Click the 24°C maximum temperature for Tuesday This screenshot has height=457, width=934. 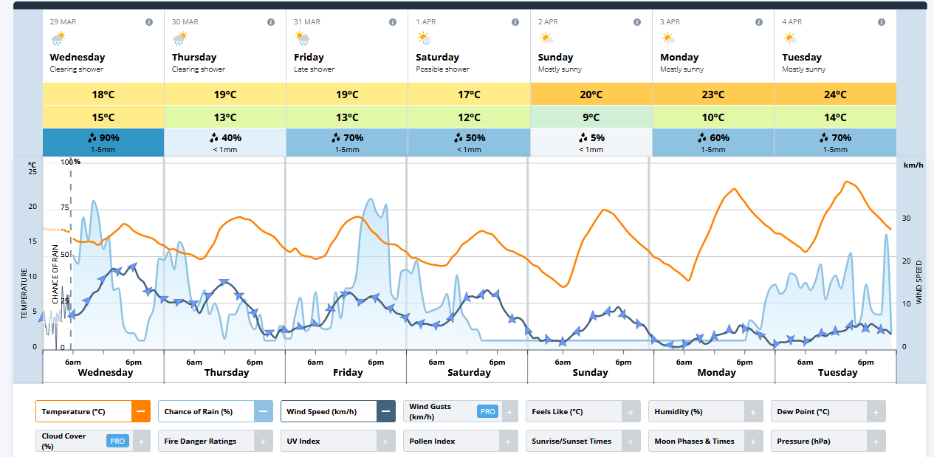tap(835, 95)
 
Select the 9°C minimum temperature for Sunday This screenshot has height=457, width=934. tap(591, 117)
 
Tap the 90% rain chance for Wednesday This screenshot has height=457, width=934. tap(103, 138)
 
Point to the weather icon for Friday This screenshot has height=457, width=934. tap(303, 38)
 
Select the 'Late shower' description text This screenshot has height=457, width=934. tap(314, 69)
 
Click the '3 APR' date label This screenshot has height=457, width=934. tap(670, 22)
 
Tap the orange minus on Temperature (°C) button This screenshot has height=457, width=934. tap(140, 411)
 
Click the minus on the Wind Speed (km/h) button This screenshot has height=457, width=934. tap(385, 411)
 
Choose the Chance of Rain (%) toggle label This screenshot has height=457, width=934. tap(199, 412)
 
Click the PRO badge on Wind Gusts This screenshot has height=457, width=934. tap(487, 411)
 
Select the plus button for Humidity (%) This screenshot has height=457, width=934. tap(752, 412)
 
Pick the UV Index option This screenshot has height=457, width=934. tap(303, 441)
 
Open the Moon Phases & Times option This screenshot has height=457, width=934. tap(694, 441)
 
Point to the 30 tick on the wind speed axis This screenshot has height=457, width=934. tap(906, 219)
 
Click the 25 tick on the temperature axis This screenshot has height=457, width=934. tap(32, 172)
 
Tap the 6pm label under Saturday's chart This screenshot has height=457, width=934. tap(497, 362)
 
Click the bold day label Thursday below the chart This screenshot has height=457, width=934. tap(227, 373)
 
